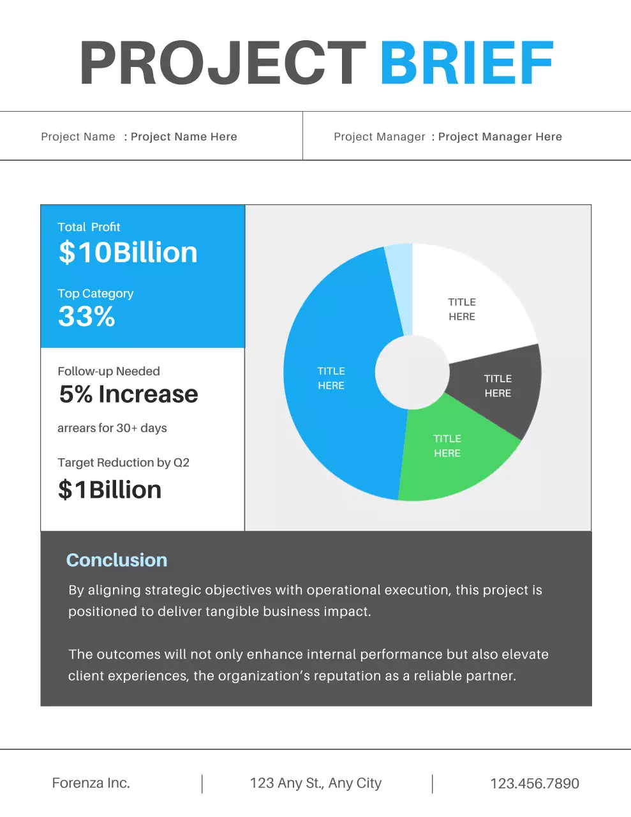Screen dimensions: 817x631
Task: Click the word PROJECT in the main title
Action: [222, 64]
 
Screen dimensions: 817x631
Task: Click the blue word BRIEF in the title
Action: [466, 64]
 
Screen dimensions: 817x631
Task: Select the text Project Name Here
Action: [184, 137]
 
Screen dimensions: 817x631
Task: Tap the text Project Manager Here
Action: [500, 137]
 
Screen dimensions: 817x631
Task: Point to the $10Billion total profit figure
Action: [128, 253]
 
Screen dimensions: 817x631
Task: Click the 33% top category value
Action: [87, 317]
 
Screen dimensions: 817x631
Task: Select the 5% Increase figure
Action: [128, 394]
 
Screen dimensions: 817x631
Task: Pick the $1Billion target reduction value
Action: [110, 490]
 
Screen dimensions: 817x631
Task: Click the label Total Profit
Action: [89, 227]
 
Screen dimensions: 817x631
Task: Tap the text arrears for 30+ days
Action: [112, 428]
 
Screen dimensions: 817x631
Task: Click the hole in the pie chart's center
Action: [412, 372]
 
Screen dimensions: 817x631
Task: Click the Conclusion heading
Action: [117, 560]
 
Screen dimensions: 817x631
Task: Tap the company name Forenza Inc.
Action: [91, 783]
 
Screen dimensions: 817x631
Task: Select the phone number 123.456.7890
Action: [535, 784]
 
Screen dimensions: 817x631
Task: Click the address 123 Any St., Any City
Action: [316, 783]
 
